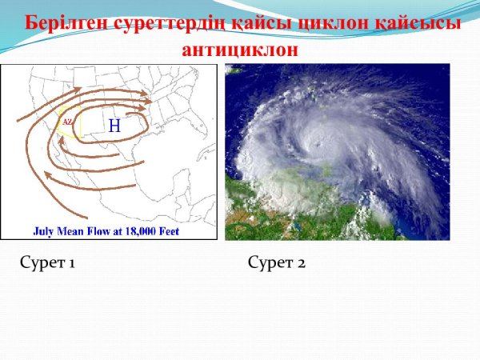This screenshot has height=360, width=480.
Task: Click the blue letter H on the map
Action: (x=114, y=125)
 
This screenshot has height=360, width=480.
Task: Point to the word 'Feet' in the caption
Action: (x=170, y=231)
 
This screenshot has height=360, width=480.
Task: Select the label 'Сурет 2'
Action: (x=277, y=262)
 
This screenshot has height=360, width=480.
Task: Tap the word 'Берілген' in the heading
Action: (x=68, y=23)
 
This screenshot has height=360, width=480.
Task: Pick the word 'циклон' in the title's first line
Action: (x=333, y=23)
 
